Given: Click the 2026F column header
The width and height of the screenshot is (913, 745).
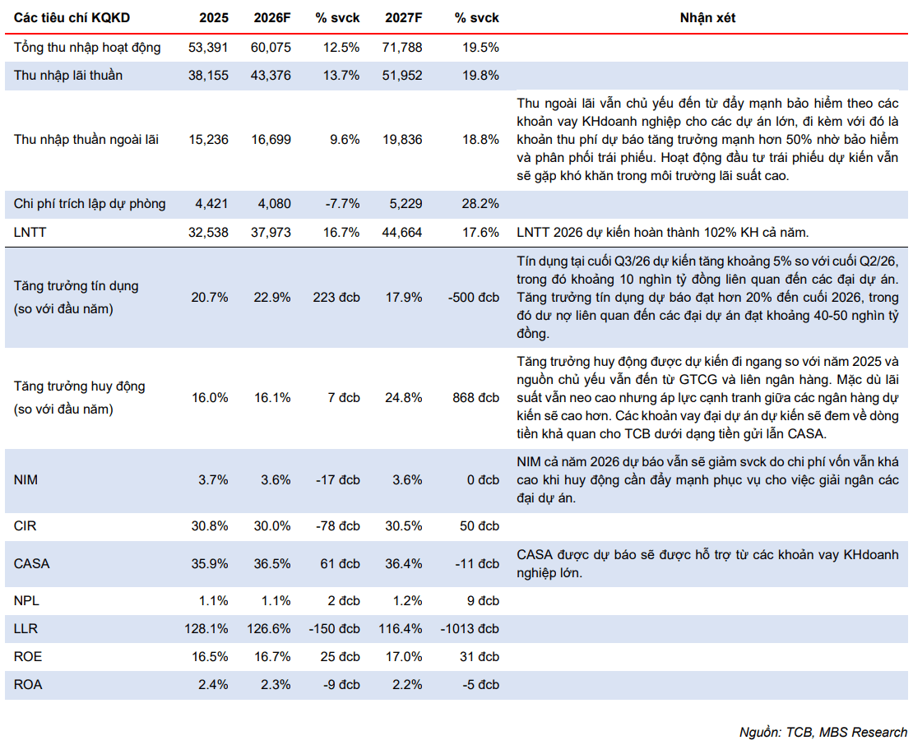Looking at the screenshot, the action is pos(272,18).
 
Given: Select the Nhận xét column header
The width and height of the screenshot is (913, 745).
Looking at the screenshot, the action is pos(707,18).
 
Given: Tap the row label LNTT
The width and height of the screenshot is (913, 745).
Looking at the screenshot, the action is pos(30,232).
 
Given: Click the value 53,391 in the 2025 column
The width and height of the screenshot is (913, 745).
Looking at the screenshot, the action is pos(208,47).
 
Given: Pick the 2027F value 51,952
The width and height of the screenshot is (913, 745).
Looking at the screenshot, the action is pos(402,75).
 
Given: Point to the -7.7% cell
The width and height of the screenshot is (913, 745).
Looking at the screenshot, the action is pos(342,204).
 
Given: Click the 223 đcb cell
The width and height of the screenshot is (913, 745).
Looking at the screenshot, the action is pos(336,298).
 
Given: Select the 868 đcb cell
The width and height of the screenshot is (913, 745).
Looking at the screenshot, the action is pos(475,397).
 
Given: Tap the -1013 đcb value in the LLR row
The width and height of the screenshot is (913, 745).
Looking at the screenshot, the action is pos(470,628).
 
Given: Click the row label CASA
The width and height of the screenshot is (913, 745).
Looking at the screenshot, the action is pos(31,563).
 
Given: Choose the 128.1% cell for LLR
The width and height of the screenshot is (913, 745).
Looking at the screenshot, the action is pos(206,628).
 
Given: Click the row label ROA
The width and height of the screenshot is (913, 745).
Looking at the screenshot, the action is pos(28,684).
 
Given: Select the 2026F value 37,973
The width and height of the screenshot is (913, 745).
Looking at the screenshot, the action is pos(271,232).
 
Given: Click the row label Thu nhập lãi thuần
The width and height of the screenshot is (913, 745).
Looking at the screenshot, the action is pos(68,75).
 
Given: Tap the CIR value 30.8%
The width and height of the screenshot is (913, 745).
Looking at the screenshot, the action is pos(210,525).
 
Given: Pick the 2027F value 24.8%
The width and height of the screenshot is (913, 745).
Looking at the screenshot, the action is pos(404,397).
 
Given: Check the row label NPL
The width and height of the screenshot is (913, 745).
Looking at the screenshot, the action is pos(26,600).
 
